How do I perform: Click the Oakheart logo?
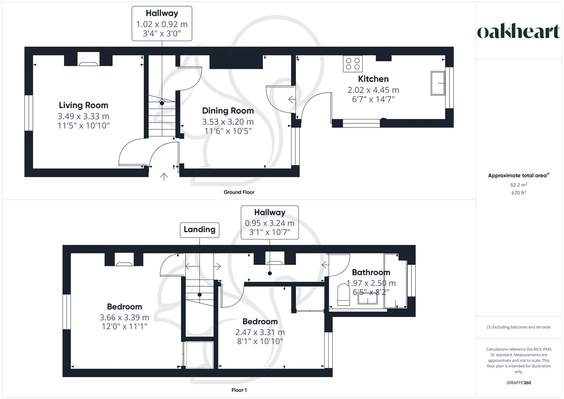(x=519, y=32)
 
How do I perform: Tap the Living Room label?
(x=83, y=105)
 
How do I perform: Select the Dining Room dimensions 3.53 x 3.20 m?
(x=228, y=122)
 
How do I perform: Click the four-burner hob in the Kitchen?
(x=353, y=63)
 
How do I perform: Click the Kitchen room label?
(x=373, y=79)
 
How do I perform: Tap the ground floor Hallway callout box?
(x=162, y=23)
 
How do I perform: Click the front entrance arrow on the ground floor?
(x=164, y=177)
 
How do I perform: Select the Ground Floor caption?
(x=239, y=192)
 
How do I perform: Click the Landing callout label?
(x=199, y=229)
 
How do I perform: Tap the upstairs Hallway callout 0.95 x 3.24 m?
(x=270, y=222)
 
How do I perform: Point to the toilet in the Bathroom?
(x=343, y=294)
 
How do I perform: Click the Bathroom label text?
(x=371, y=272)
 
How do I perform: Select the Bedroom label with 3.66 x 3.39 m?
(x=124, y=307)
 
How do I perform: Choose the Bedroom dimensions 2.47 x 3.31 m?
(x=260, y=332)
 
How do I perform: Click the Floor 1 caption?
(x=239, y=390)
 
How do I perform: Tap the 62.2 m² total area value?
(x=519, y=185)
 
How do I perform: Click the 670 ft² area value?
(x=519, y=193)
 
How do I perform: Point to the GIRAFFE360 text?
(x=519, y=383)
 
